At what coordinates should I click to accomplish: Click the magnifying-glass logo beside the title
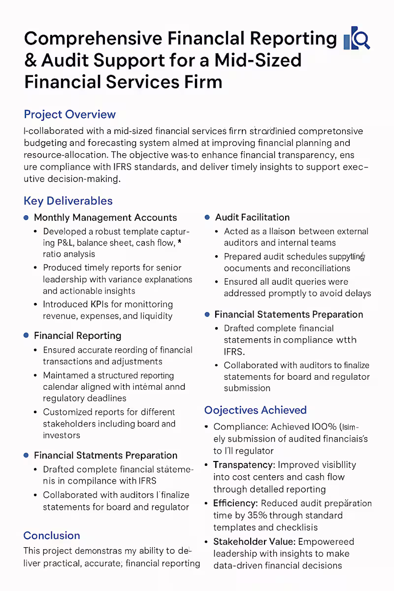click(x=357, y=38)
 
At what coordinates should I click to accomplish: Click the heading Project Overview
click(x=69, y=114)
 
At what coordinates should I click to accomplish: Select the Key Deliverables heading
click(x=68, y=201)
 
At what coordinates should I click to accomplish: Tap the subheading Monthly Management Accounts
click(x=105, y=217)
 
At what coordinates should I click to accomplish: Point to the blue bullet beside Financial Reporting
click(x=26, y=335)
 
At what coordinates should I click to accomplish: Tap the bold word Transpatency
click(x=244, y=464)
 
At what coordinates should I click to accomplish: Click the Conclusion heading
click(x=52, y=535)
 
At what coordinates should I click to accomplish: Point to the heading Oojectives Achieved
click(x=255, y=410)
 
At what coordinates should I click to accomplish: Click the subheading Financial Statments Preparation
click(x=105, y=455)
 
